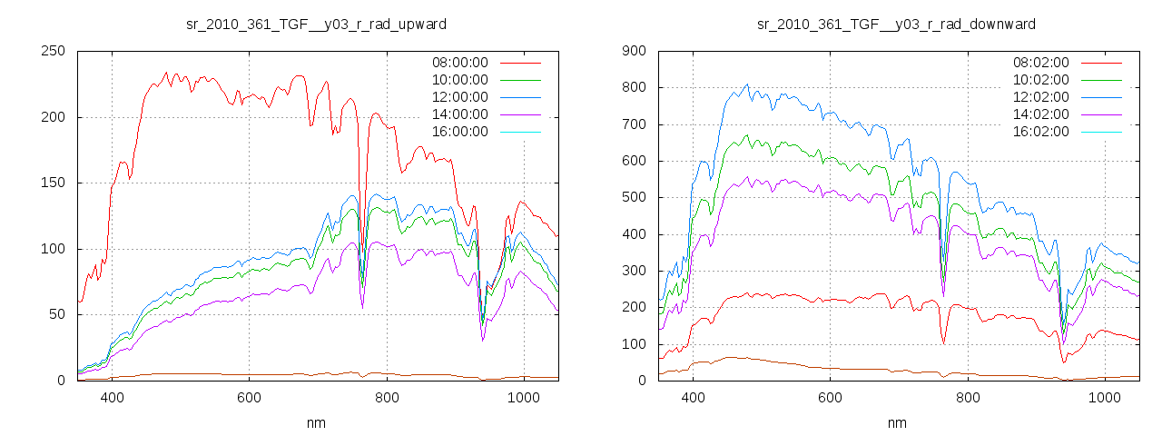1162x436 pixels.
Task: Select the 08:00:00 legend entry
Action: pyautogui.click(x=459, y=63)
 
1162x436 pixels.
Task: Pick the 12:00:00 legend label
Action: pyautogui.click(x=459, y=97)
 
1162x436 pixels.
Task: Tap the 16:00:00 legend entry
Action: pyautogui.click(x=459, y=132)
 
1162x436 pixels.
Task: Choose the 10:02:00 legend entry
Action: pyautogui.click(x=1040, y=80)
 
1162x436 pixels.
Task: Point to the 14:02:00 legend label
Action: pyautogui.click(x=1040, y=114)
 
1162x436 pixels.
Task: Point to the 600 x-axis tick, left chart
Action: pyautogui.click(x=249, y=398)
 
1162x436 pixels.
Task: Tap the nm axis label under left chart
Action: pyautogui.click(x=316, y=422)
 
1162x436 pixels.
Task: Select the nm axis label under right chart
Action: pyautogui.click(x=897, y=422)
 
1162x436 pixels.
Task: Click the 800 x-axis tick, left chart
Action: pyautogui.click(x=387, y=398)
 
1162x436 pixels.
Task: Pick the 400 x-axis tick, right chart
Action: pyautogui.click(x=693, y=398)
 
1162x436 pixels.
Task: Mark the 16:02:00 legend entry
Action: pyautogui.click(x=1040, y=132)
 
